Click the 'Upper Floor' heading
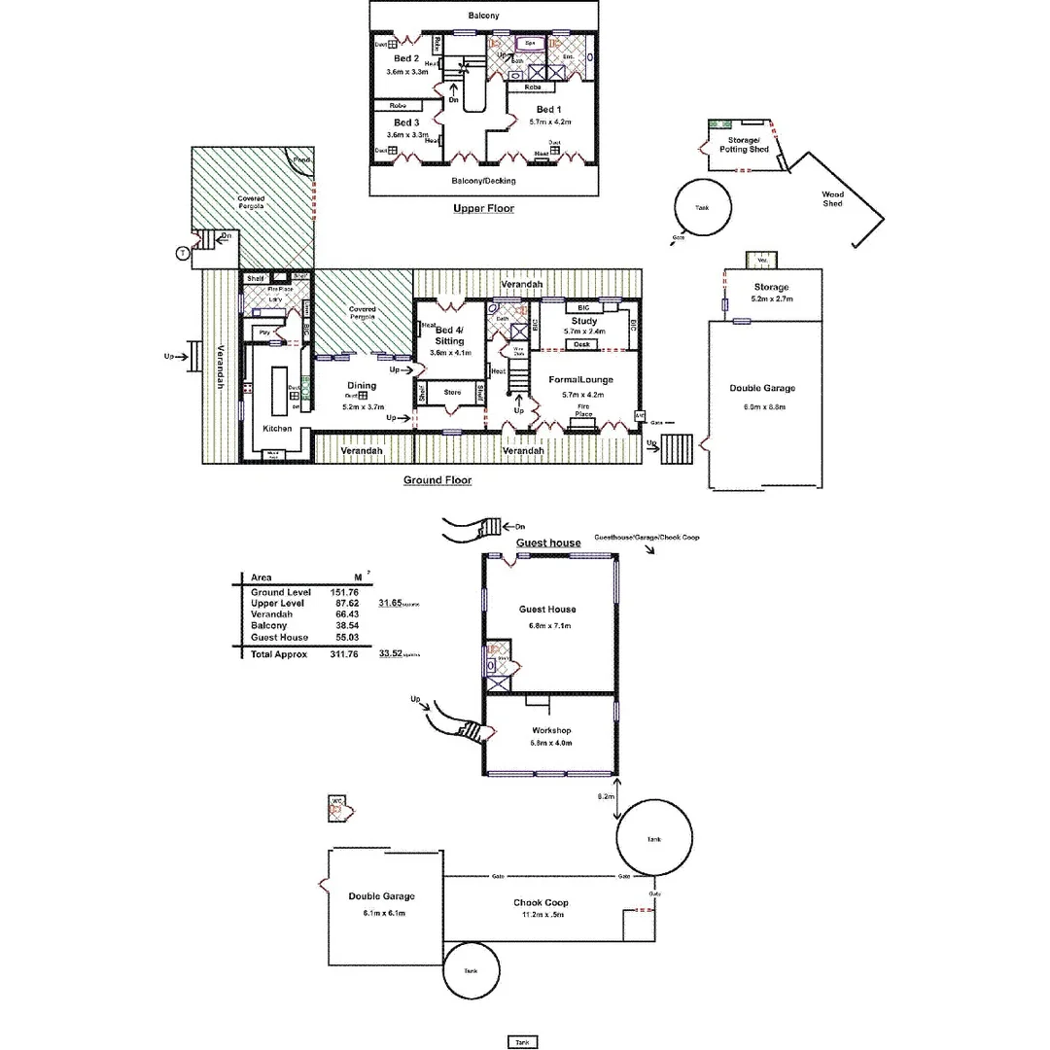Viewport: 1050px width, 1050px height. (483, 209)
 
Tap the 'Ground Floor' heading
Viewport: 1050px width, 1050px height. (437, 480)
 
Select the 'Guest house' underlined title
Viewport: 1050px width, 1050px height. (548, 542)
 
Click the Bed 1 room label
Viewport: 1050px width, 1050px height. (547, 110)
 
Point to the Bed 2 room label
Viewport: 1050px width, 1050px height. (405, 59)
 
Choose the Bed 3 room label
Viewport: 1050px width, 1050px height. (405, 122)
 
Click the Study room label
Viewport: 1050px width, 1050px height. (584, 321)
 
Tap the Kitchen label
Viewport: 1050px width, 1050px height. (277, 429)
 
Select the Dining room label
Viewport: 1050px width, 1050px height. (361, 386)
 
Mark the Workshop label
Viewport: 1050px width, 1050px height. (551, 730)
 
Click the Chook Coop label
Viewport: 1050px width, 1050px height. (542, 903)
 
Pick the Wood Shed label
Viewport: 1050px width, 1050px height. (832, 198)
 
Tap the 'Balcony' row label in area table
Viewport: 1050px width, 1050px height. (269, 626)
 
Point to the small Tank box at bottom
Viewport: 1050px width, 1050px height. (522, 1042)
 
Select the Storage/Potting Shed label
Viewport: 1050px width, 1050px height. (745, 145)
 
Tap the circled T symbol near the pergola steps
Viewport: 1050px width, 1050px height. (182, 254)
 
